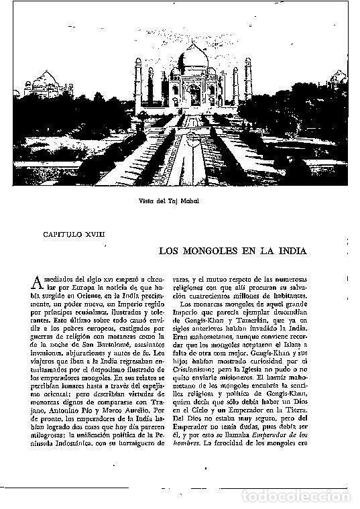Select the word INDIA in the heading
[290, 251]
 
